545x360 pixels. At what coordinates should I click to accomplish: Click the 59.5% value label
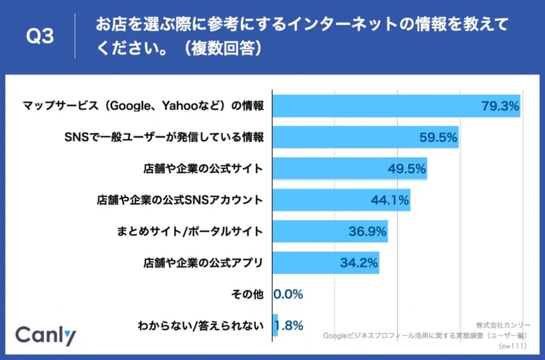point(438,137)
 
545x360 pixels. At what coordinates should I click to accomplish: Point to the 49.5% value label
point(406,168)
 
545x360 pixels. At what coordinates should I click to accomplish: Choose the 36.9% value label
point(367,231)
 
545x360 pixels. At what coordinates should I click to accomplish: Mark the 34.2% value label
point(359,262)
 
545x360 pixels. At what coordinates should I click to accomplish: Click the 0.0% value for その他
point(288,294)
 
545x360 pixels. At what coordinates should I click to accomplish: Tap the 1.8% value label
point(290,325)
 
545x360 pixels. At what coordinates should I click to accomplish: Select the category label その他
point(249,294)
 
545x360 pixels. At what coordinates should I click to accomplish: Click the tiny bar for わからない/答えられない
point(275,325)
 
